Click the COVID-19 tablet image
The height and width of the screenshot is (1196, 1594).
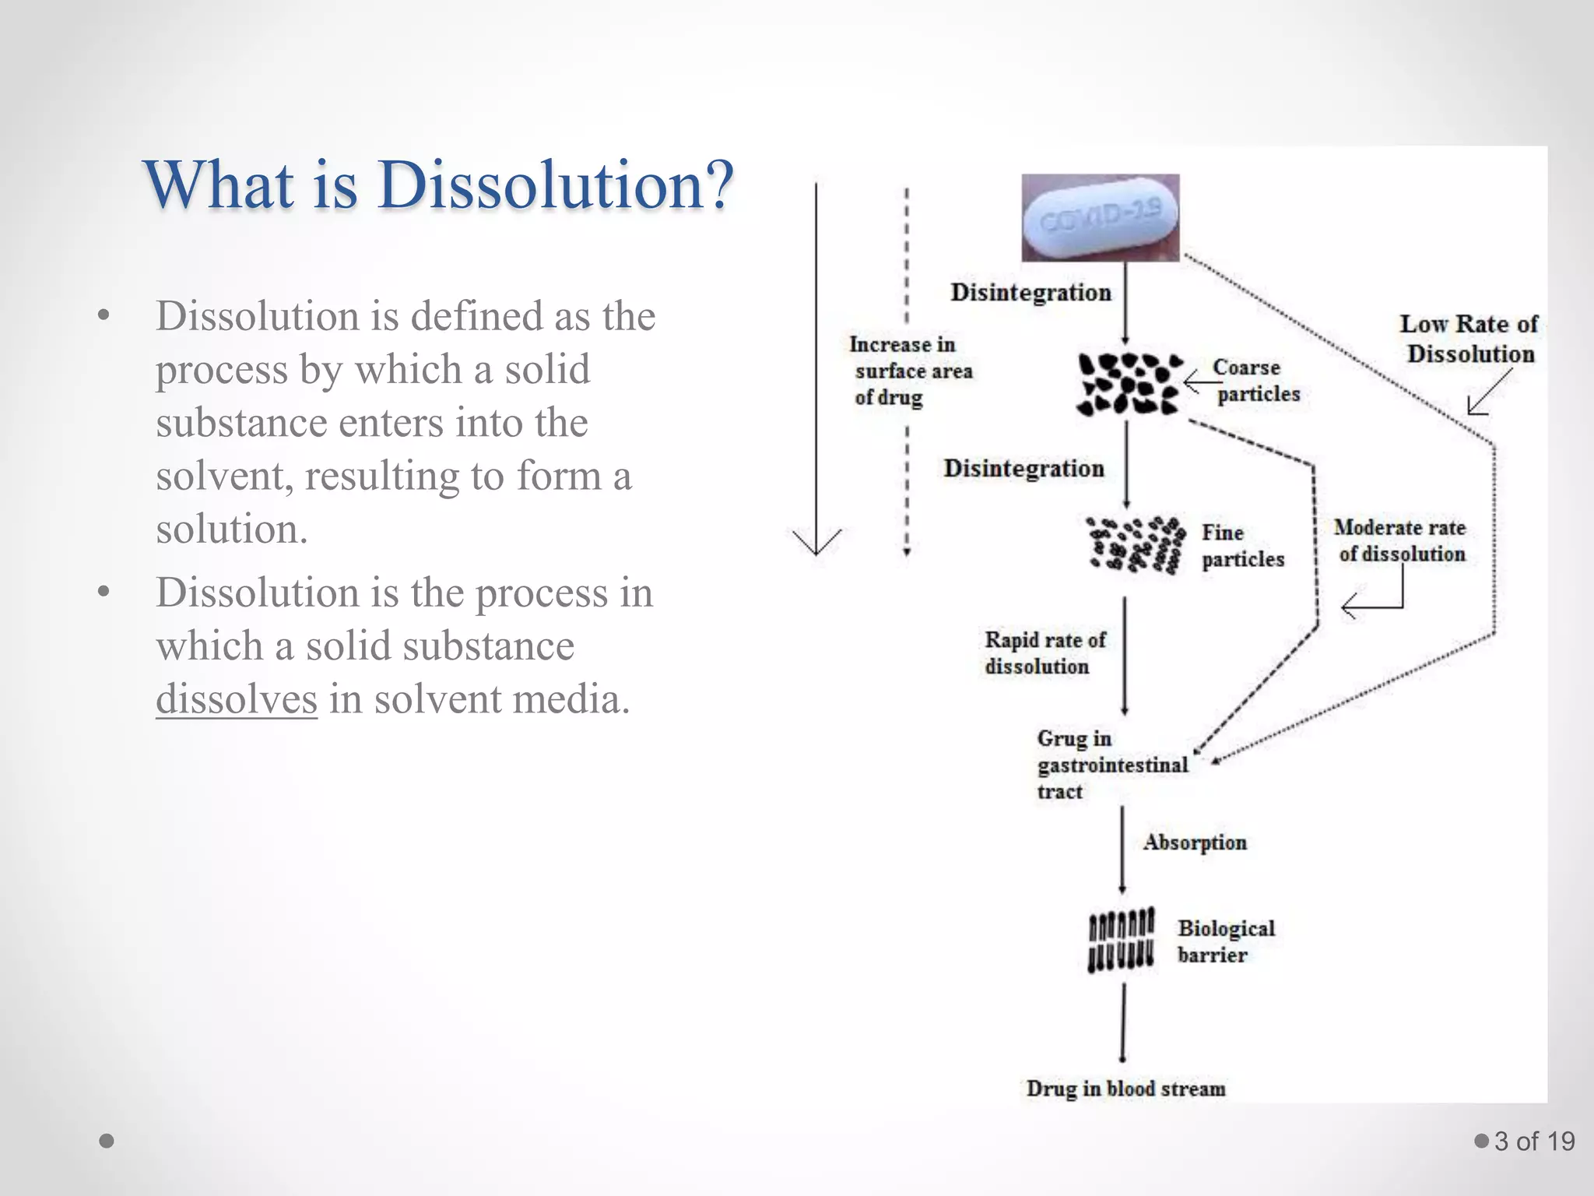click(x=1100, y=217)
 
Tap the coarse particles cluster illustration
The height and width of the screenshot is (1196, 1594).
click(x=1129, y=383)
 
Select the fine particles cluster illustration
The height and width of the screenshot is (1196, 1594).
click(x=1136, y=544)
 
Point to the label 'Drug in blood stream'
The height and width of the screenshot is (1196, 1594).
click(x=1125, y=1088)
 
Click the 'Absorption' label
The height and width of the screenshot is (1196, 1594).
click(x=1195, y=842)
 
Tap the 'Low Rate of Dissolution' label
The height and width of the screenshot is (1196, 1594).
click(x=1469, y=339)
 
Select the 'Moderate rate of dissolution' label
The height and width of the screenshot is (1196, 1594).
click(x=1400, y=540)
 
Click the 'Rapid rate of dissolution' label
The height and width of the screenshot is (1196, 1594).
click(x=1045, y=653)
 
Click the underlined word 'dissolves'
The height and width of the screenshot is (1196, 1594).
click(x=237, y=698)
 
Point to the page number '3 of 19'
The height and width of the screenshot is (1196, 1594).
click(x=1534, y=1141)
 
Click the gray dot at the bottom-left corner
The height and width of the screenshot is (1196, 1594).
click(x=107, y=1141)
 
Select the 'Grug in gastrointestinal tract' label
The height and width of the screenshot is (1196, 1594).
click(x=1111, y=765)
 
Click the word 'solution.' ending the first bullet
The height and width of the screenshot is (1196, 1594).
click(x=232, y=529)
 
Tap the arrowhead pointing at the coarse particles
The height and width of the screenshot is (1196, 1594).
click(x=1190, y=382)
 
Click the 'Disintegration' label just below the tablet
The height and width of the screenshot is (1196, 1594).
click(x=1030, y=293)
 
